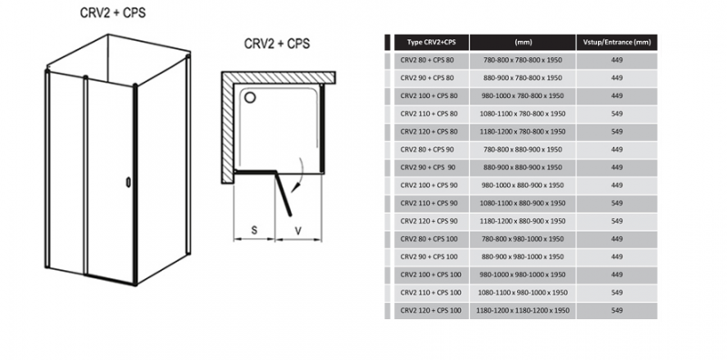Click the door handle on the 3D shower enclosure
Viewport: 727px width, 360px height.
click(x=128, y=183)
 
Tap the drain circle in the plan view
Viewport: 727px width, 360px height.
click(x=250, y=97)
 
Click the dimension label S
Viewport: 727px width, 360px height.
click(x=254, y=230)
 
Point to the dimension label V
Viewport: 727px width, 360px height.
click(x=298, y=230)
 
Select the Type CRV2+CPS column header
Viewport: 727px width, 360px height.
click(x=431, y=42)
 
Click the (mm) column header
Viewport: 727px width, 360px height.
click(x=523, y=42)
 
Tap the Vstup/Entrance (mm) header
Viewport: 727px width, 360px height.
click(x=617, y=42)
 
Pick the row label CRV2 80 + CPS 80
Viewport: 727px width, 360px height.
click(x=427, y=60)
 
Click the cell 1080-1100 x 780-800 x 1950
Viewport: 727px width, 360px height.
click(x=523, y=114)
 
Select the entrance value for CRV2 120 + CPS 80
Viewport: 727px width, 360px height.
click(x=617, y=131)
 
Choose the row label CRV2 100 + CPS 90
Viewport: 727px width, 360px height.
click(x=429, y=185)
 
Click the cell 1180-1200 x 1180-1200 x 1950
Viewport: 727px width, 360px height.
click(x=523, y=310)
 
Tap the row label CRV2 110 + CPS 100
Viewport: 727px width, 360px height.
click(x=431, y=292)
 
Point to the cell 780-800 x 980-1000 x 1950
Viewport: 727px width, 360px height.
click(x=523, y=239)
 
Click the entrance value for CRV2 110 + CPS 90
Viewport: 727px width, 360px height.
click(x=617, y=204)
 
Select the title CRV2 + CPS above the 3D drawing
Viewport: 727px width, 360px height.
click(x=113, y=13)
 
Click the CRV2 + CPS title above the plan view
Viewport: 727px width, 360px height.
click(x=277, y=44)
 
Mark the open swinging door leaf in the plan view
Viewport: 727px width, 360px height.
click(x=284, y=194)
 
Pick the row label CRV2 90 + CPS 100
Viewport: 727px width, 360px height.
click(x=429, y=256)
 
